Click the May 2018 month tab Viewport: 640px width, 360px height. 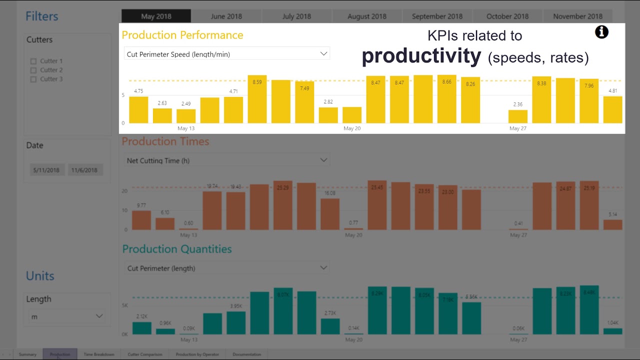click(x=156, y=16)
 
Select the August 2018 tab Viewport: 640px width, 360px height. click(x=366, y=16)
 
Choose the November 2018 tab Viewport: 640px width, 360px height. click(x=577, y=16)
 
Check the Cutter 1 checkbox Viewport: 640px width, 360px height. click(x=33, y=61)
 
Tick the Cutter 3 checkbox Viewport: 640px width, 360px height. click(x=33, y=79)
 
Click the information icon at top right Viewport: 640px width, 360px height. click(x=601, y=32)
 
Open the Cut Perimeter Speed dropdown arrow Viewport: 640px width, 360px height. click(x=323, y=53)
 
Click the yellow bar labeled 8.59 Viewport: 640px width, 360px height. click(x=257, y=99)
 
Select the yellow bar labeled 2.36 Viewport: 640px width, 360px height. click(x=518, y=116)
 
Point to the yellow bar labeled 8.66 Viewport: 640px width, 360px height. click(x=447, y=99)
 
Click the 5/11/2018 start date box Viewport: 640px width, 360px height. click(x=46, y=170)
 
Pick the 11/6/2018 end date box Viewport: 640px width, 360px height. click(x=84, y=170)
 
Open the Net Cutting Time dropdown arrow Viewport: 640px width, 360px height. click(x=323, y=160)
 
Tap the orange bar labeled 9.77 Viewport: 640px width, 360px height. click(x=141, y=220)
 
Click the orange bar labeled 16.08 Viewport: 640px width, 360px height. click(x=330, y=214)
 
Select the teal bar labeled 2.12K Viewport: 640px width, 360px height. click(x=142, y=328)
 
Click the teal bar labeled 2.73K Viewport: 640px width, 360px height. click(x=330, y=326)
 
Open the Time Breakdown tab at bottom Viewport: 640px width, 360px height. click(x=99, y=354)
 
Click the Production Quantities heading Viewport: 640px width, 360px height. click(x=177, y=249)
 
